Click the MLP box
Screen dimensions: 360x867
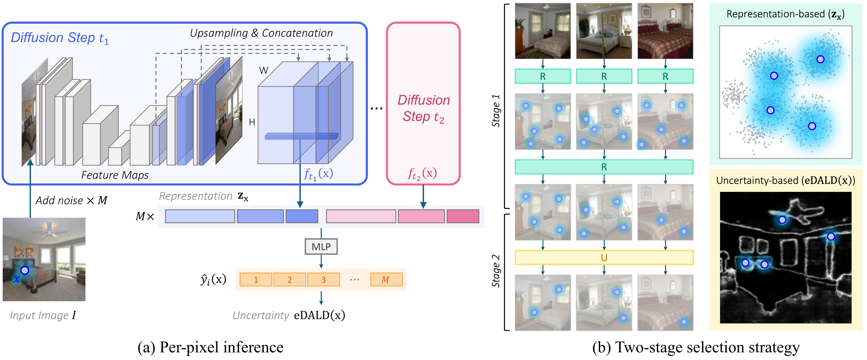click(x=321, y=247)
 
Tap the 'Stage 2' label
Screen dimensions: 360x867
click(x=496, y=271)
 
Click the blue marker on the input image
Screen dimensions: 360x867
click(x=25, y=270)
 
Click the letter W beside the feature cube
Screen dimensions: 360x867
click(x=264, y=70)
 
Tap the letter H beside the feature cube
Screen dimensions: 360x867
click(x=252, y=122)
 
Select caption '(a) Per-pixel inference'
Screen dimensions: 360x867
click(x=210, y=347)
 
